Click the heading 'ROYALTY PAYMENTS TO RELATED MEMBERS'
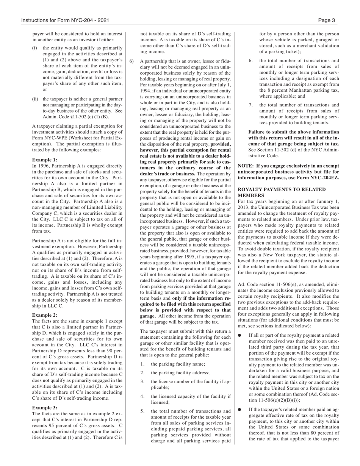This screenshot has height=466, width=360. point(282,192)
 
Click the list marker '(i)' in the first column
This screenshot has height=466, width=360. point(34,48)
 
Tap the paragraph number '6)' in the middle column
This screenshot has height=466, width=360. point(131,61)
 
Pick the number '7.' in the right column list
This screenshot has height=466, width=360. point(251,105)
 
